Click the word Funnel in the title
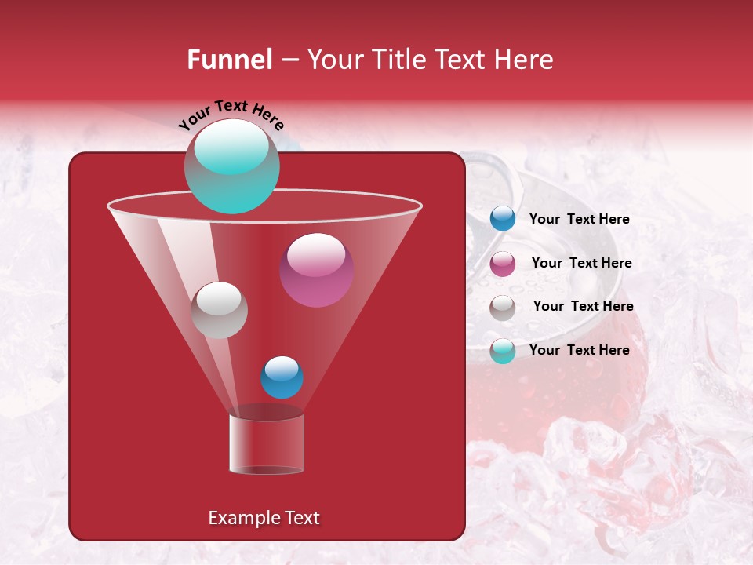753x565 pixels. tap(229, 60)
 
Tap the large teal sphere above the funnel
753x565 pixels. tap(231, 166)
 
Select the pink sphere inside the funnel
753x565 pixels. tap(316, 271)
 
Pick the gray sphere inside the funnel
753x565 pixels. tap(219, 310)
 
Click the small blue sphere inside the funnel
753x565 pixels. tap(282, 377)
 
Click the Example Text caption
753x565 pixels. tap(264, 518)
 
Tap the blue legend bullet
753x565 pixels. tap(503, 219)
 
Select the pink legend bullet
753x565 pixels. tap(503, 264)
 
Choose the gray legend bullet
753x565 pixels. tap(503, 307)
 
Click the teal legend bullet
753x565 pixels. tap(503, 351)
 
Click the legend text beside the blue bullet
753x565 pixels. tap(579, 220)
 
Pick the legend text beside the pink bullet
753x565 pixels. tap(581, 263)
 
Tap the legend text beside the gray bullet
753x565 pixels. tap(583, 306)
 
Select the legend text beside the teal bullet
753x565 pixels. tap(579, 350)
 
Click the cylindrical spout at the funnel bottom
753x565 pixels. tap(267, 443)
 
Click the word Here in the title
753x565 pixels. tap(523, 60)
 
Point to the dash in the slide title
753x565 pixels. tap(289, 60)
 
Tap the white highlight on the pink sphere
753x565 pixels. tap(316, 254)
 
